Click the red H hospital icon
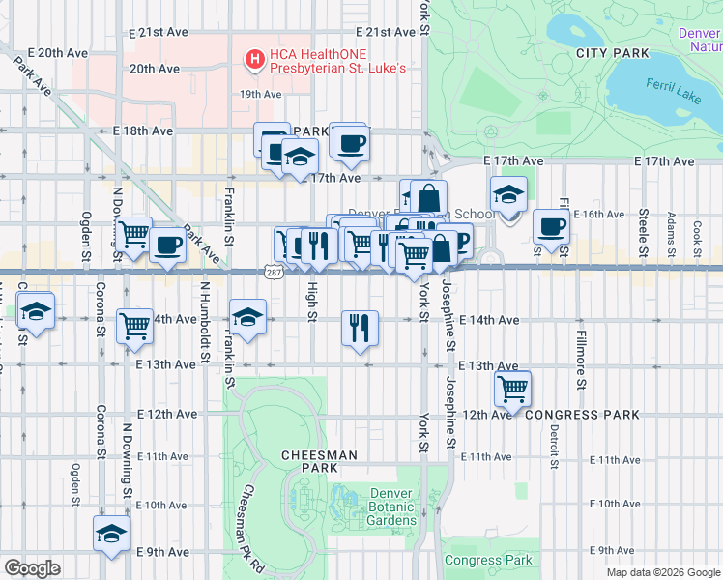tap(255, 60)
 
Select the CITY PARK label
tap(608, 52)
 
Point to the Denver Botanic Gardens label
tap(392, 507)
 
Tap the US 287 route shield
tap(273, 275)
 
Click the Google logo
tap(32, 568)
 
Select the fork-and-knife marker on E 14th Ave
tap(360, 328)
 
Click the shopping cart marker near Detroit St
tap(512, 389)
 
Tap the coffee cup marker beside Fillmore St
tap(551, 227)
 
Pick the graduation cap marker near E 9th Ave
tap(111, 533)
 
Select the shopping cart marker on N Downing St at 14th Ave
tap(133, 327)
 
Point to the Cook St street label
tap(697, 232)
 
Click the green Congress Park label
tap(489, 560)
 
